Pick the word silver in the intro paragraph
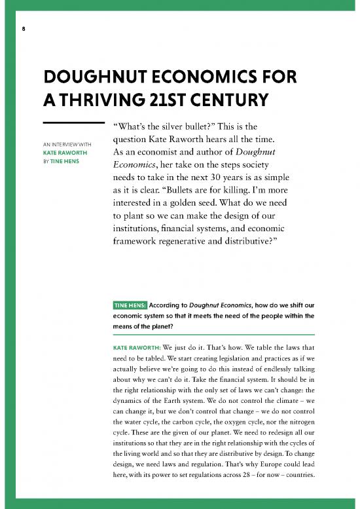172,125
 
